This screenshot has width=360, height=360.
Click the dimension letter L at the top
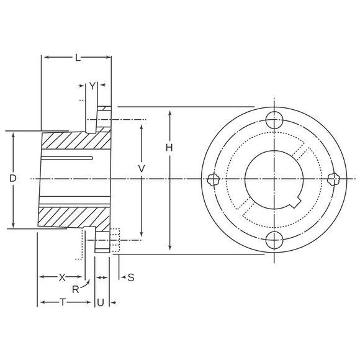tap(77, 58)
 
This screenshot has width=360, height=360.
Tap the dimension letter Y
tap(92, 86)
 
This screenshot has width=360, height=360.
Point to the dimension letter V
tap(142, 168)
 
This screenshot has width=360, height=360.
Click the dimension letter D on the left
tap(12, 178)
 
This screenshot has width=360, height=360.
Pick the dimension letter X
tap(61, 277)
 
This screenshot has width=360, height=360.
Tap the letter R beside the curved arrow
tap(75, 289)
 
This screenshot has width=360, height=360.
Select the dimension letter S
tap(131, 277)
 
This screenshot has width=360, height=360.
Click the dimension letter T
tap(63, 302)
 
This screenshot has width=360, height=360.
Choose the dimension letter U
tap(100, 302)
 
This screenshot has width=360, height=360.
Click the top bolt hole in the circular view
tap(273, 119)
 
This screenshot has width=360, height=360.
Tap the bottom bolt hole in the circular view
tap(273, 240)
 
